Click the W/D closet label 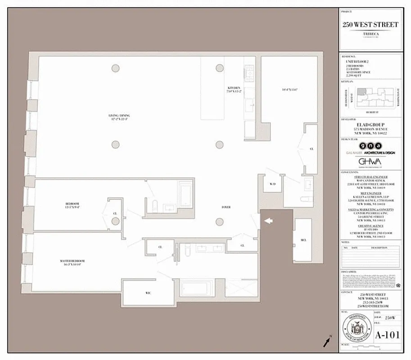(272, 184)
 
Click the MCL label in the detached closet (303, 240)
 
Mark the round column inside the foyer (219, 221)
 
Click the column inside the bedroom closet (116, 221)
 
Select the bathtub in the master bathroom (196, 288)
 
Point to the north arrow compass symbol (326, 342)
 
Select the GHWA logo (370, 162)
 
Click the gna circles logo (370, 146)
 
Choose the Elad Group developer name (370, 125)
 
